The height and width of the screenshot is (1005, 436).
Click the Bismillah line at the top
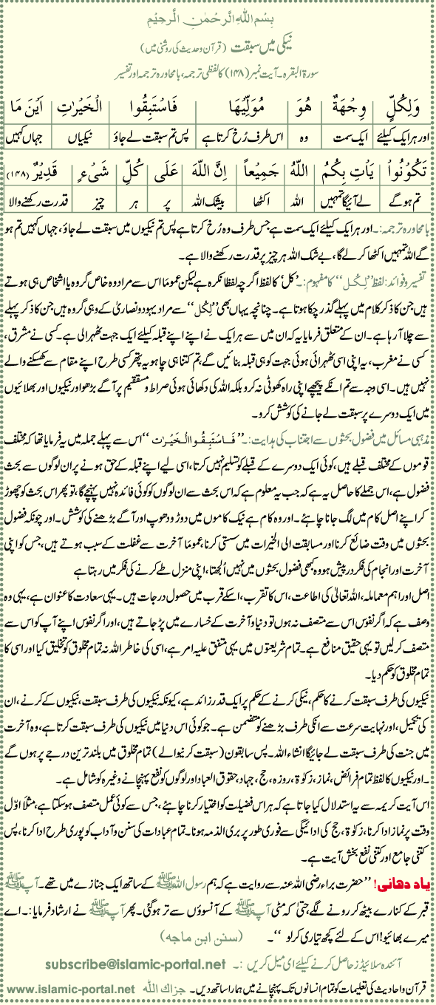tap(218, 14)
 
